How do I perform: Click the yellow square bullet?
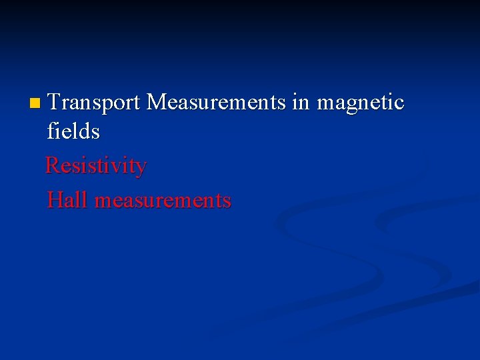35,103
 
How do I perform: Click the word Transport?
94,102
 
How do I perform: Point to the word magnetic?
361,103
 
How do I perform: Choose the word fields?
73,131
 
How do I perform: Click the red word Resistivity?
96,166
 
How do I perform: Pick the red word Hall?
67,199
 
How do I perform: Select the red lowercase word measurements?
163,200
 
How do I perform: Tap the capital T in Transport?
55,102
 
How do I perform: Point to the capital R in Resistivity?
53,165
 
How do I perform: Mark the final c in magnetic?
399,103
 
